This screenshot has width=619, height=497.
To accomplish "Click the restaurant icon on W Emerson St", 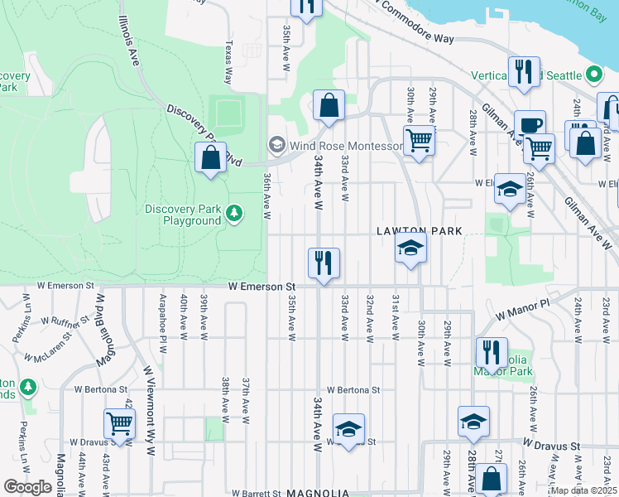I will click(x=324, y=263).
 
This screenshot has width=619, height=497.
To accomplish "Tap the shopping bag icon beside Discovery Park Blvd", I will click(x=211, y=157).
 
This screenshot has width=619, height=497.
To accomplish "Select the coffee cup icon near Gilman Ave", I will click(x=530, y=126).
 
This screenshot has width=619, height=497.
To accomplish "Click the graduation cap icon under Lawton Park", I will click(x=410, y=248).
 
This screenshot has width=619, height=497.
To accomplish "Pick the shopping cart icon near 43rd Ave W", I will click(x=120, y=423).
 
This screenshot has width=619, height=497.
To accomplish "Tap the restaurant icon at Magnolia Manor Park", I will click(x=492, y=353).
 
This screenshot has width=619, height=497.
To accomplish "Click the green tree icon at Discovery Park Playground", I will click(x=235, y=215).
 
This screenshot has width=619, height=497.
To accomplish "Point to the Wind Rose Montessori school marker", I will click(x=276, y=145).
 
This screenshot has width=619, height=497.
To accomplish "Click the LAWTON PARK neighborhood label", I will click(x=419, y=231).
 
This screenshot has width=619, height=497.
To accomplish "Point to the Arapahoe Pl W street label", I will click(x=162, y=316).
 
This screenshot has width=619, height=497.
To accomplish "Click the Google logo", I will click(x=27, y=486).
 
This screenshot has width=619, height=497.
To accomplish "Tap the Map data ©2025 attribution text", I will click(x=583, y=490).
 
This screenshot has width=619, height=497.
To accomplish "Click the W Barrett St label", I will click(x=258, y=493).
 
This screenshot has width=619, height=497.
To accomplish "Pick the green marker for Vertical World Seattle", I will click(x=594, y=75).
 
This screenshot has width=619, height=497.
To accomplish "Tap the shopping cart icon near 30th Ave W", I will click(x=419, y=141).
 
